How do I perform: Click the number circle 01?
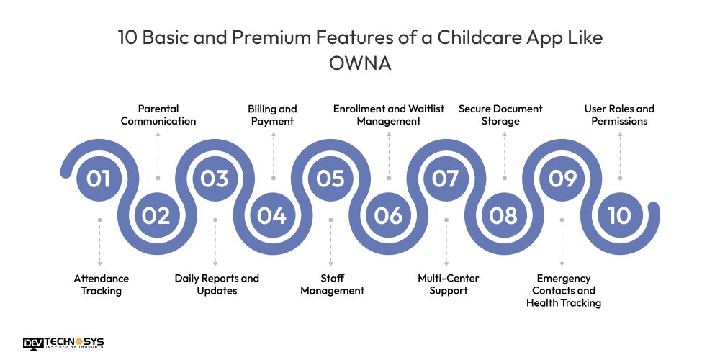99,178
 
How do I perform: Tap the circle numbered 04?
272,215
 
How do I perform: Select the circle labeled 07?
446,178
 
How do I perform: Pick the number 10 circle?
619,215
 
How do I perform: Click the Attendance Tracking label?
101,284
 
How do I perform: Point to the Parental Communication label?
158,115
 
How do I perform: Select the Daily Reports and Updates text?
217,284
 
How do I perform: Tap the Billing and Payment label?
272,115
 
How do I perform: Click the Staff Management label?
332,284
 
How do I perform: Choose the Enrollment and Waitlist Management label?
389,115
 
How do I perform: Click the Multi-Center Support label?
448,284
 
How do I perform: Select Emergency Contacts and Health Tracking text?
563,290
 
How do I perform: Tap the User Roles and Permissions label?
619,115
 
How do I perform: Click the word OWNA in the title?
360,63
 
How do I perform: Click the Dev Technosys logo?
63,343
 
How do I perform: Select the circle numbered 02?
156,215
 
